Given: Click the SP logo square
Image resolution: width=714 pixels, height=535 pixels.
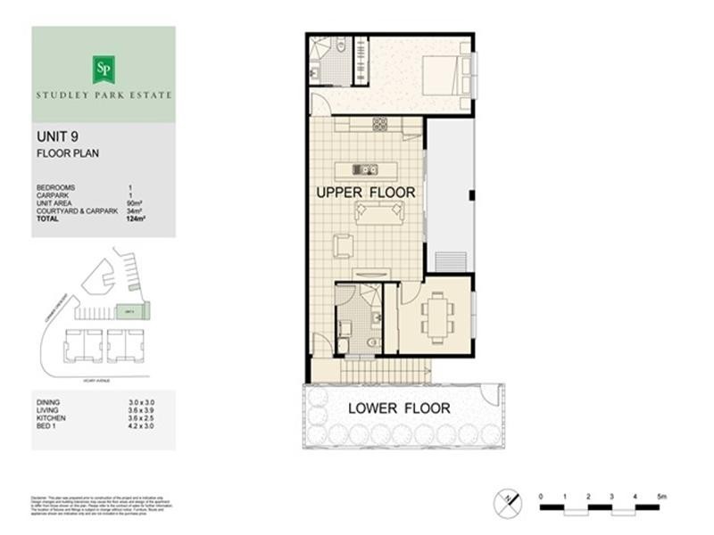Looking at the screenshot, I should [104, 68].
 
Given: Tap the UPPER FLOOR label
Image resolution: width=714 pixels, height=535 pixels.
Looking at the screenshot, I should [365, 193].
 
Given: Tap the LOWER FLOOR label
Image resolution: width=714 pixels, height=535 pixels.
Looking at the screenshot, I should [399, 409].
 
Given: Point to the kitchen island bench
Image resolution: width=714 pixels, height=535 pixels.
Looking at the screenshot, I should [365, 169].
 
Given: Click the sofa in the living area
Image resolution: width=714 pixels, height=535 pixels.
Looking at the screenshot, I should [379, 212].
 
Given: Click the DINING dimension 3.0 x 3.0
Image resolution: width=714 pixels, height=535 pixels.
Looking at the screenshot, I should [142, 403].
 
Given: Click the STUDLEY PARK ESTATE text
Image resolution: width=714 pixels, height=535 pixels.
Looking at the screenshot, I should [104, 94].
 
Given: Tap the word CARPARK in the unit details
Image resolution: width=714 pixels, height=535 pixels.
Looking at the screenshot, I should [53, 195].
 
